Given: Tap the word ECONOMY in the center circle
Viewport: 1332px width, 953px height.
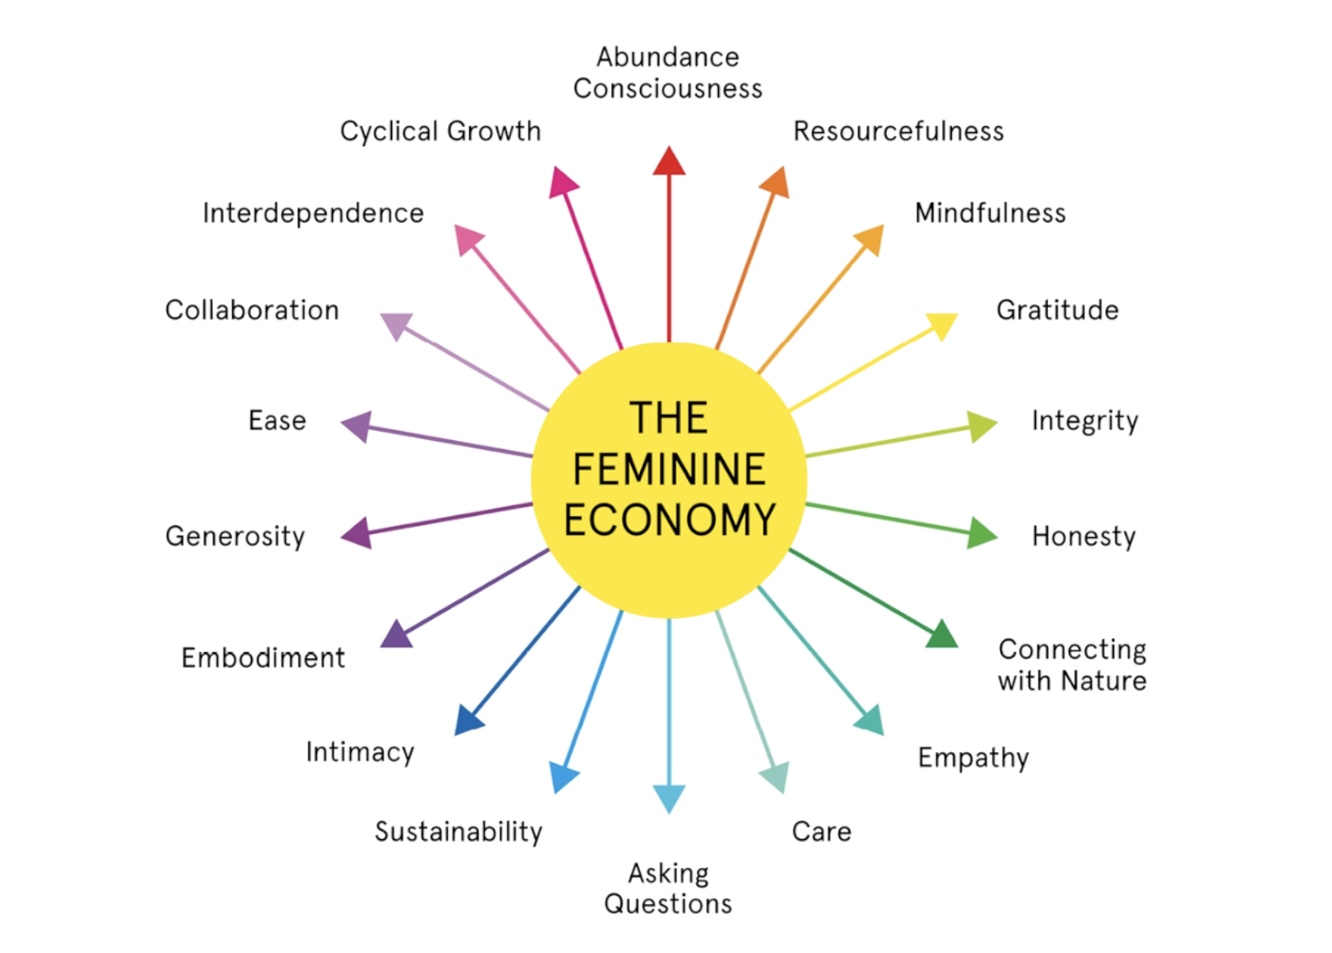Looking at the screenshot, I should tap(670, 520).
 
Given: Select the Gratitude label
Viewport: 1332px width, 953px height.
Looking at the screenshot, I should tap(1057, 310).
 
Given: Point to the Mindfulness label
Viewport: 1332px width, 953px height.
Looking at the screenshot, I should tap(990, 213).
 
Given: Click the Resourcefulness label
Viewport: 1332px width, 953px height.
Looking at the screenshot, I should tap(898, 131).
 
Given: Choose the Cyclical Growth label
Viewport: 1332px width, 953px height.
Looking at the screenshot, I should tap(440, 131).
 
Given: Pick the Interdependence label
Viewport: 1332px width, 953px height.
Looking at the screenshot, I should tap(313, 213).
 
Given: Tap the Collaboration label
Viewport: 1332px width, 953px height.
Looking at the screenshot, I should tap(252, 310).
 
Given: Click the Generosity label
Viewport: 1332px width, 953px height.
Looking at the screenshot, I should tap(235, 536).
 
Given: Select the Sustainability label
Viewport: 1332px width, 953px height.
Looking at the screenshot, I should tap(458, 832).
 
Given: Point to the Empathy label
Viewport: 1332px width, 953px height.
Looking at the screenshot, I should tap(973, 758).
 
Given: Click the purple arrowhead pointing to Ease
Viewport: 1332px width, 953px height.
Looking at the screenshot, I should tap(356, 426).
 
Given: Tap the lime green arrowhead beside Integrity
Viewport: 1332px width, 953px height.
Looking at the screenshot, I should tap(981, 426).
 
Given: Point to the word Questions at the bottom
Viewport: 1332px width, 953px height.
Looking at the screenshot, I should tap(668, 903).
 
